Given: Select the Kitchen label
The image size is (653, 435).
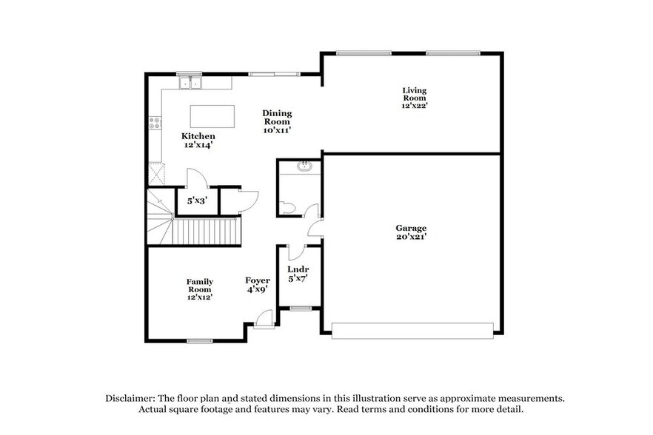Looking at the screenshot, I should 198,136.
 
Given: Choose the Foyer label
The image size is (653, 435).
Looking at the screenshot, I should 257,280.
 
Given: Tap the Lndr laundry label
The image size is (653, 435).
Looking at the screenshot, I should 298,269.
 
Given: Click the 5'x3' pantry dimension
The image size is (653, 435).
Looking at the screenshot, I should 195,200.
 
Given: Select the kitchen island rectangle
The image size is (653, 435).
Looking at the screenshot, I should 212,117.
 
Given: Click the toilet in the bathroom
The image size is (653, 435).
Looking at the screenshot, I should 289,208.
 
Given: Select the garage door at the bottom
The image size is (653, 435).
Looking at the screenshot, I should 412,330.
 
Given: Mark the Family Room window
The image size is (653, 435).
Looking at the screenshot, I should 199,340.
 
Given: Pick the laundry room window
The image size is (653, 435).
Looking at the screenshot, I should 299,308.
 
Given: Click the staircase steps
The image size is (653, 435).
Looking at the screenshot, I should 207,231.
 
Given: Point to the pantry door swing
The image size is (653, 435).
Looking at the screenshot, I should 195,178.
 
